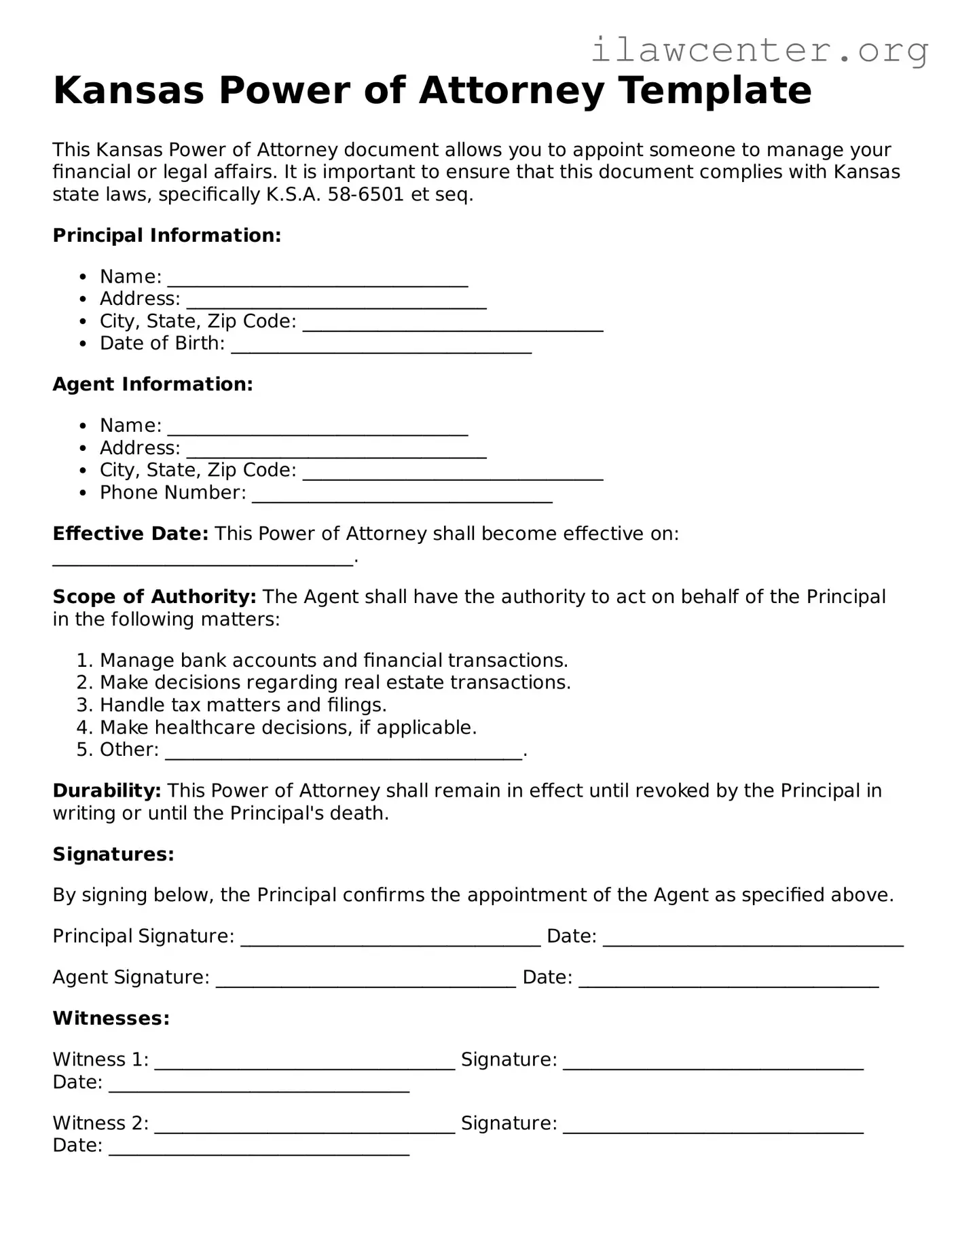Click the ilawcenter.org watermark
759,50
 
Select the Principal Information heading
166,236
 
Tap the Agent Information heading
153,384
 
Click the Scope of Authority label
154,597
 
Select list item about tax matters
242,705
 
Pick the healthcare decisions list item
288,727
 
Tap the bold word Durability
107,790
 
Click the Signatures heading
113,854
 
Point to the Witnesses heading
111,1019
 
